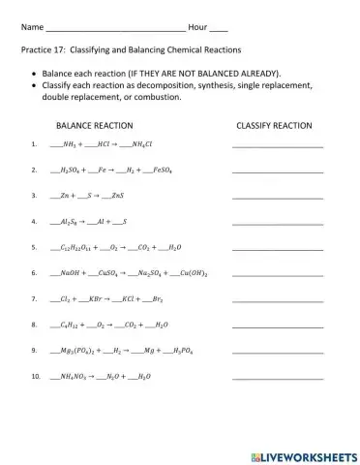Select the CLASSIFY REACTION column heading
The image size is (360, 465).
tap(274, 126)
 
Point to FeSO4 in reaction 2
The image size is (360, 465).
tap(165, 170)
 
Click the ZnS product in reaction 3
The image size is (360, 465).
tap(116, 196)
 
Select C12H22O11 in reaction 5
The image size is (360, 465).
tap(80, 247)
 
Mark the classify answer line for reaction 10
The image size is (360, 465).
tap(278, 377)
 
